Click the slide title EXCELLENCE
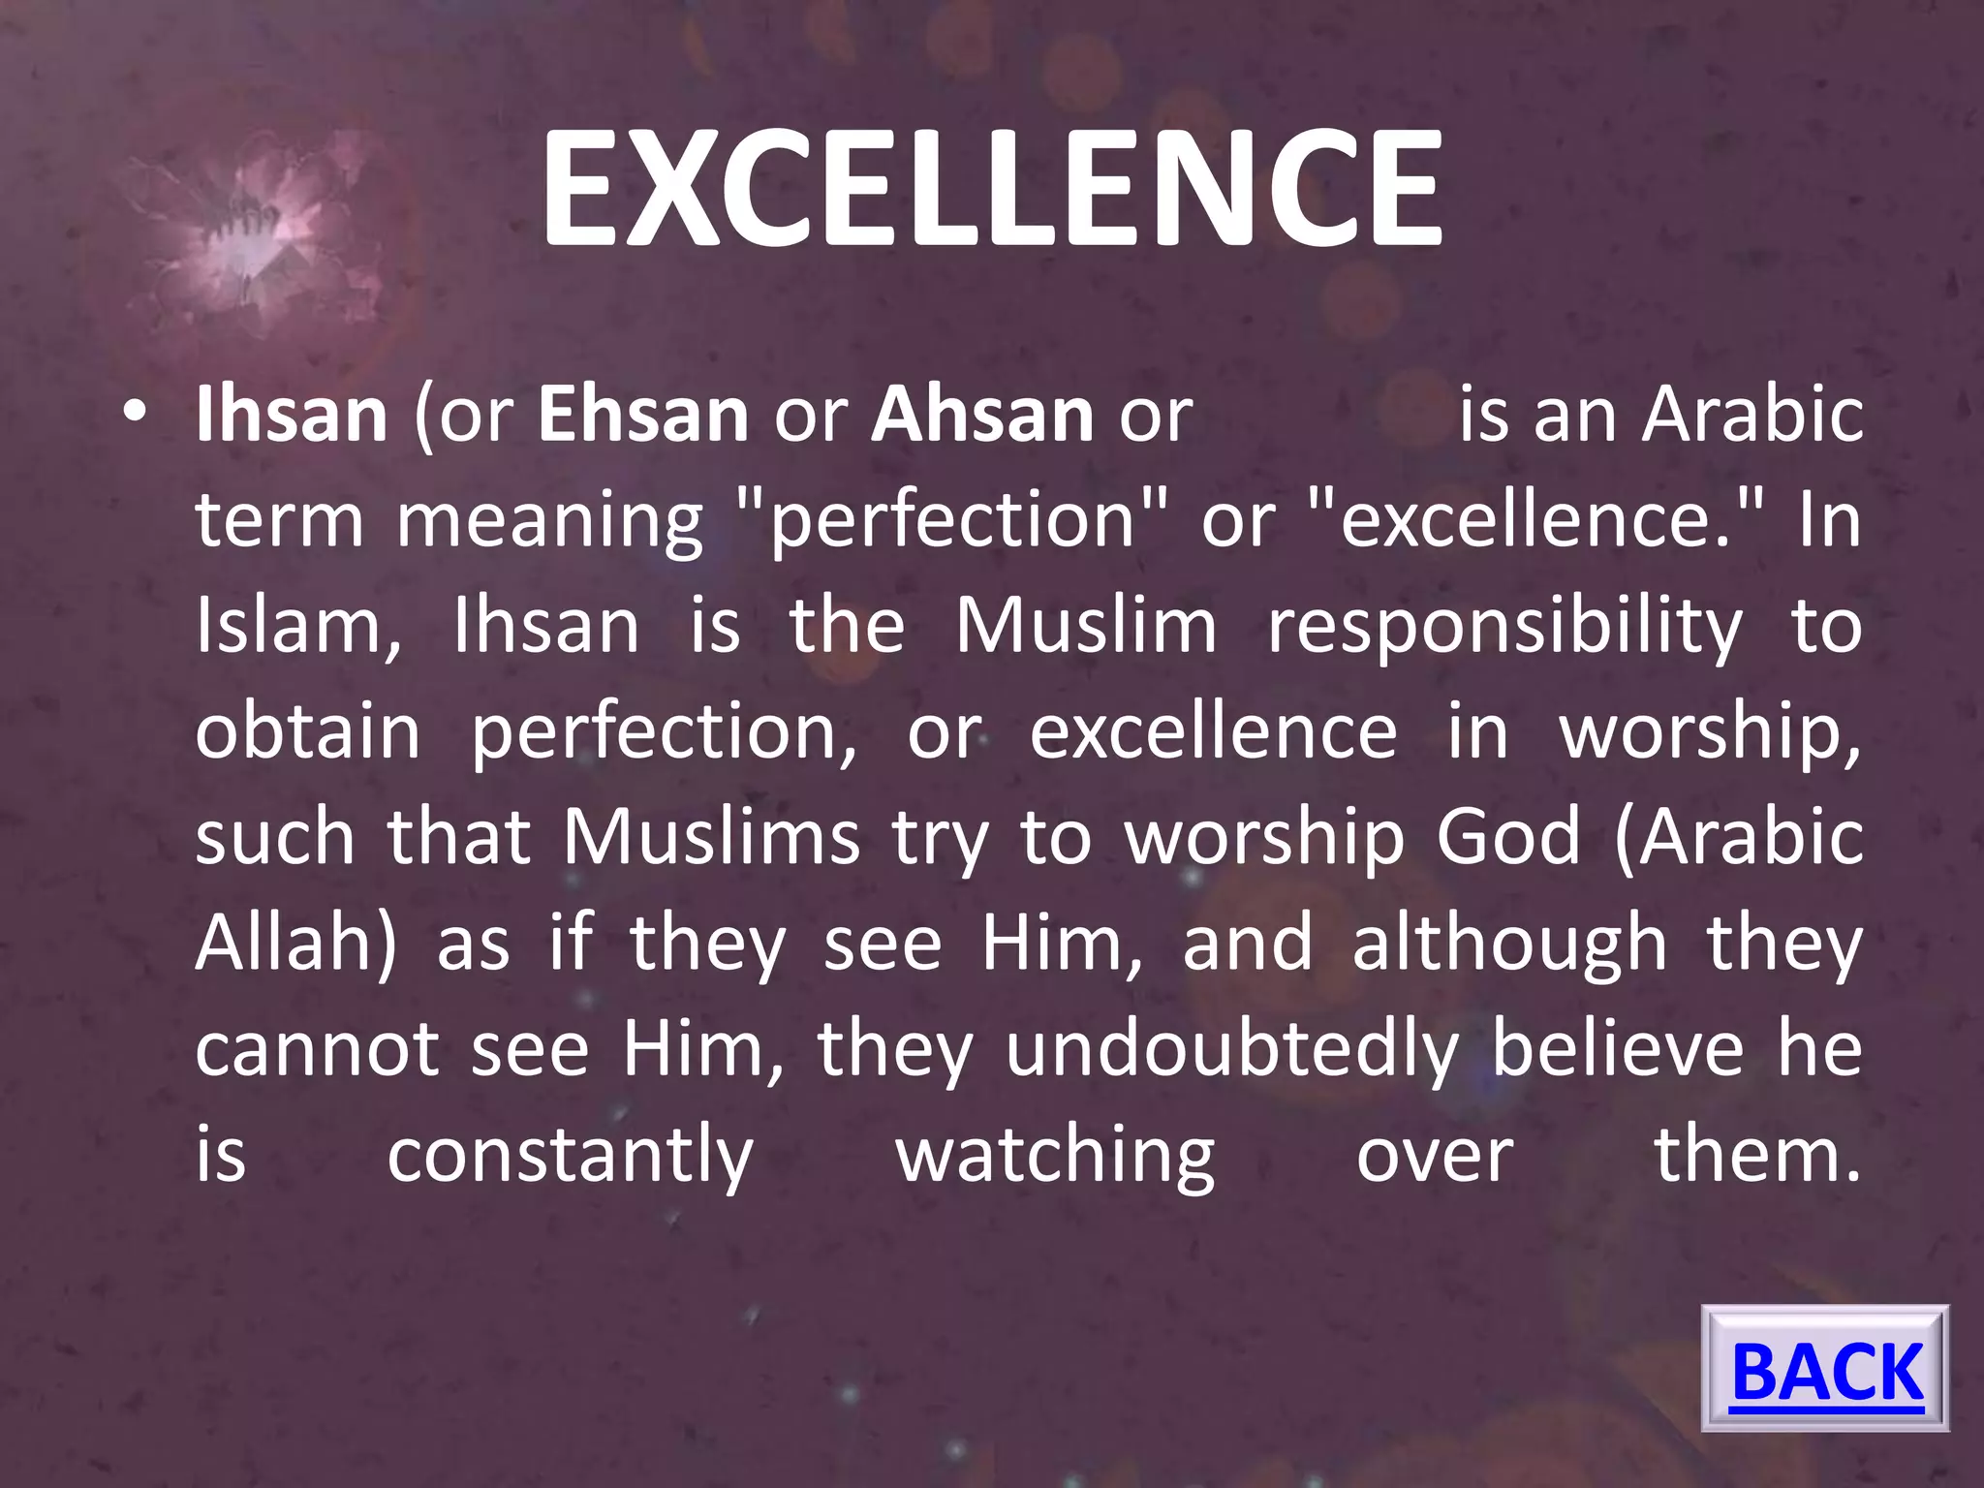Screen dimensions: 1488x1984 (x=991, y=189)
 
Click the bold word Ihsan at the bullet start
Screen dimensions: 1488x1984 (x=292, y=415)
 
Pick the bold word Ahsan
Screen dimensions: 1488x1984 (x=982, y=415)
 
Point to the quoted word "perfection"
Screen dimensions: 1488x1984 (x=951, y=520)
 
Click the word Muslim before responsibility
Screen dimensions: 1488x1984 (x=1086, y=626)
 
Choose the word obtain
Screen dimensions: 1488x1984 (x=307, y=731)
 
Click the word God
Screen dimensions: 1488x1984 (x=1507, y=837)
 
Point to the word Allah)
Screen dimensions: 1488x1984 (x=295, y=943)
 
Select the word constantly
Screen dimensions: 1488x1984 (x=570, y=1156)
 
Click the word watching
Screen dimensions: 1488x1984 (x=1055, y=1156)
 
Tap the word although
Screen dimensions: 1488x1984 (x=1509, y=944)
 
